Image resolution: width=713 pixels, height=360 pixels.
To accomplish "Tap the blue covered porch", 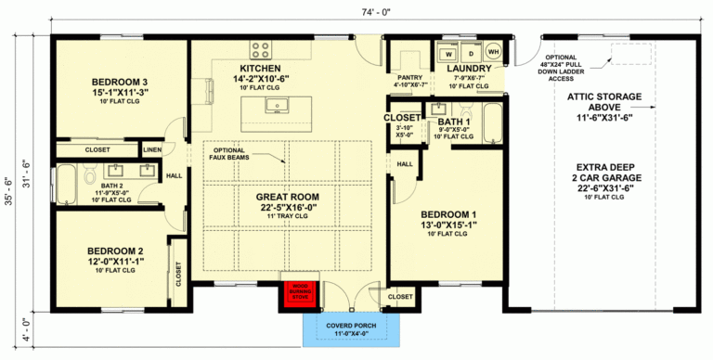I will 351,329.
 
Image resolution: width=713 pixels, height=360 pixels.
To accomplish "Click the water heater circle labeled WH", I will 494,53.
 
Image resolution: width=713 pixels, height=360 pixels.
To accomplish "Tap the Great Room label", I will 287,197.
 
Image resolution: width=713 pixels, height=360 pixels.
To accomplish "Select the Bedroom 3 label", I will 120,81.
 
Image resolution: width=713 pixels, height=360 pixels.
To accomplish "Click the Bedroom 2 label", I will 114,251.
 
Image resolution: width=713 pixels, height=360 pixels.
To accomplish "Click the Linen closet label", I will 152,149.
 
